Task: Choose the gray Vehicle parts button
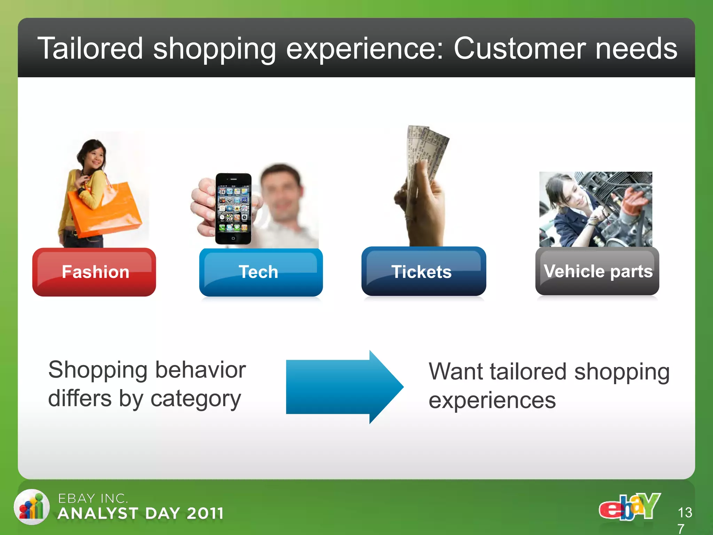click(x=597, y=271)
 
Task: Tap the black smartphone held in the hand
click(x=233, y=209)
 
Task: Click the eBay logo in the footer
click(x=629, y=507)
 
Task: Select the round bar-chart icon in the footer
click(x=32, y=507)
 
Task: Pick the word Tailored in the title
click(x=90, y=49)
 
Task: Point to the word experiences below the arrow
click(x=492, y=401)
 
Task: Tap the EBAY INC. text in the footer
click(x=93, y=498)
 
